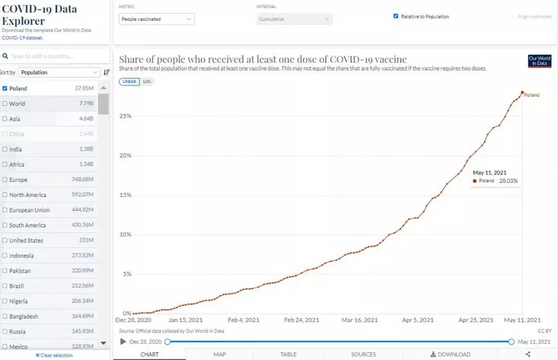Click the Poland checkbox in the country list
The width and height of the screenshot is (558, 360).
pyautogui.click(x=5, y=89)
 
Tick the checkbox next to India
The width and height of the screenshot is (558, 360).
pyautogui.click(x=5, y=150)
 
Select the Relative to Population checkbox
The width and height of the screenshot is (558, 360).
pyautogui.click(x=396, y=16)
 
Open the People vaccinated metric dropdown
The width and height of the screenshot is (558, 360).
pyautogui.click(x=157, y=19)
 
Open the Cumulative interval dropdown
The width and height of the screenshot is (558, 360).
pyautogui.click(x=294, y=19)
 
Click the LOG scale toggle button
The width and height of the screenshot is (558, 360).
pyautogui.click(x=148, y=81)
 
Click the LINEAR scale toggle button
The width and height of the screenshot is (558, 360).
pyautogui.click(x=129, y=81)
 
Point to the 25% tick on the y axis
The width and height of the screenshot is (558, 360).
pyautogui.click(x=125, y=116)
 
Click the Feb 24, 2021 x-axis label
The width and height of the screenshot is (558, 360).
pyautogui.click(x=301, y=320)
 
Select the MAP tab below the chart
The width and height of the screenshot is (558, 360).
pyautogui.click(x=219, y=354)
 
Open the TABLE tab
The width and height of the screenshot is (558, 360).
pyautogui.click(x=289, y=354)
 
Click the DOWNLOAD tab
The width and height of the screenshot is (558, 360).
pyautogui.click(x=450, y=354)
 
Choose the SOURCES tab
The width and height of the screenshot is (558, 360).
pyautogui.click(x=363, y=354)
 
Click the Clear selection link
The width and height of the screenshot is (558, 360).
pyautogui.click(x=55, y=355)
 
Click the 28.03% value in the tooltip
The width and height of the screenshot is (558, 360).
pyautogui.click(x=508, y=181)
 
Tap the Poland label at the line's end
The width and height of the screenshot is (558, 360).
pyautogui.click(x=532, y=95)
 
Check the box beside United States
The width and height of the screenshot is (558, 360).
pyautogui.click(x=5, y=241)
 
